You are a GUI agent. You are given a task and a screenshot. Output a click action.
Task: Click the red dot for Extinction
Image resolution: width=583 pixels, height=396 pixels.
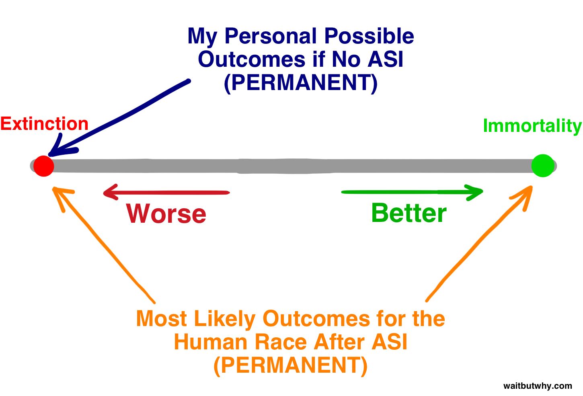tap(44, 166)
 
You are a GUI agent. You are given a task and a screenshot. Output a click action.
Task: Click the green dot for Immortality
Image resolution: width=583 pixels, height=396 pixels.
tap(543, 166)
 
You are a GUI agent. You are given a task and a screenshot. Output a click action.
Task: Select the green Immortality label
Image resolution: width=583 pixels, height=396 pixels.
tap(532, 126)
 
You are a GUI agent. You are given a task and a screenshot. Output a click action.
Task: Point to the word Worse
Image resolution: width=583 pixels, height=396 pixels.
tap(166, 213)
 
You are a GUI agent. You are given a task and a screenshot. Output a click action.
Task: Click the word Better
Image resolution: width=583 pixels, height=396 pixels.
tap(409, 213)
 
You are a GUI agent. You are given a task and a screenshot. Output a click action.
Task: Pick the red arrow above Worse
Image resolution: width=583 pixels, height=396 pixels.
tap(166, 193)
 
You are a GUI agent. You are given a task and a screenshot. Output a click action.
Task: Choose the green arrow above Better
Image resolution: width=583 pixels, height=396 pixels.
tap(412, 192)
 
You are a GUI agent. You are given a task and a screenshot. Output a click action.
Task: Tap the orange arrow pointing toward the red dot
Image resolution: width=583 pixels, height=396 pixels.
tap(104, 244)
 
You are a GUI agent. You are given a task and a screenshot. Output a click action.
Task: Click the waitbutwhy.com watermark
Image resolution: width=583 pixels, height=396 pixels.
tap(538, 386)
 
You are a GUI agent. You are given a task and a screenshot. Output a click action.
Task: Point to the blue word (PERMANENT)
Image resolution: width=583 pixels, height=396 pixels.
tap(301, 83)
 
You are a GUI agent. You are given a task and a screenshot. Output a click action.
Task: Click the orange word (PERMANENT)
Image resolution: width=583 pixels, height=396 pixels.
tap(290, 365)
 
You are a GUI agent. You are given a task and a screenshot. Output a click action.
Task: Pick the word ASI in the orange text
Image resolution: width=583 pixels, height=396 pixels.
tap(390, 342)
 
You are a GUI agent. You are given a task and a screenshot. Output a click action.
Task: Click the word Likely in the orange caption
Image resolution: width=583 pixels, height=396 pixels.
tap(225, 320)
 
